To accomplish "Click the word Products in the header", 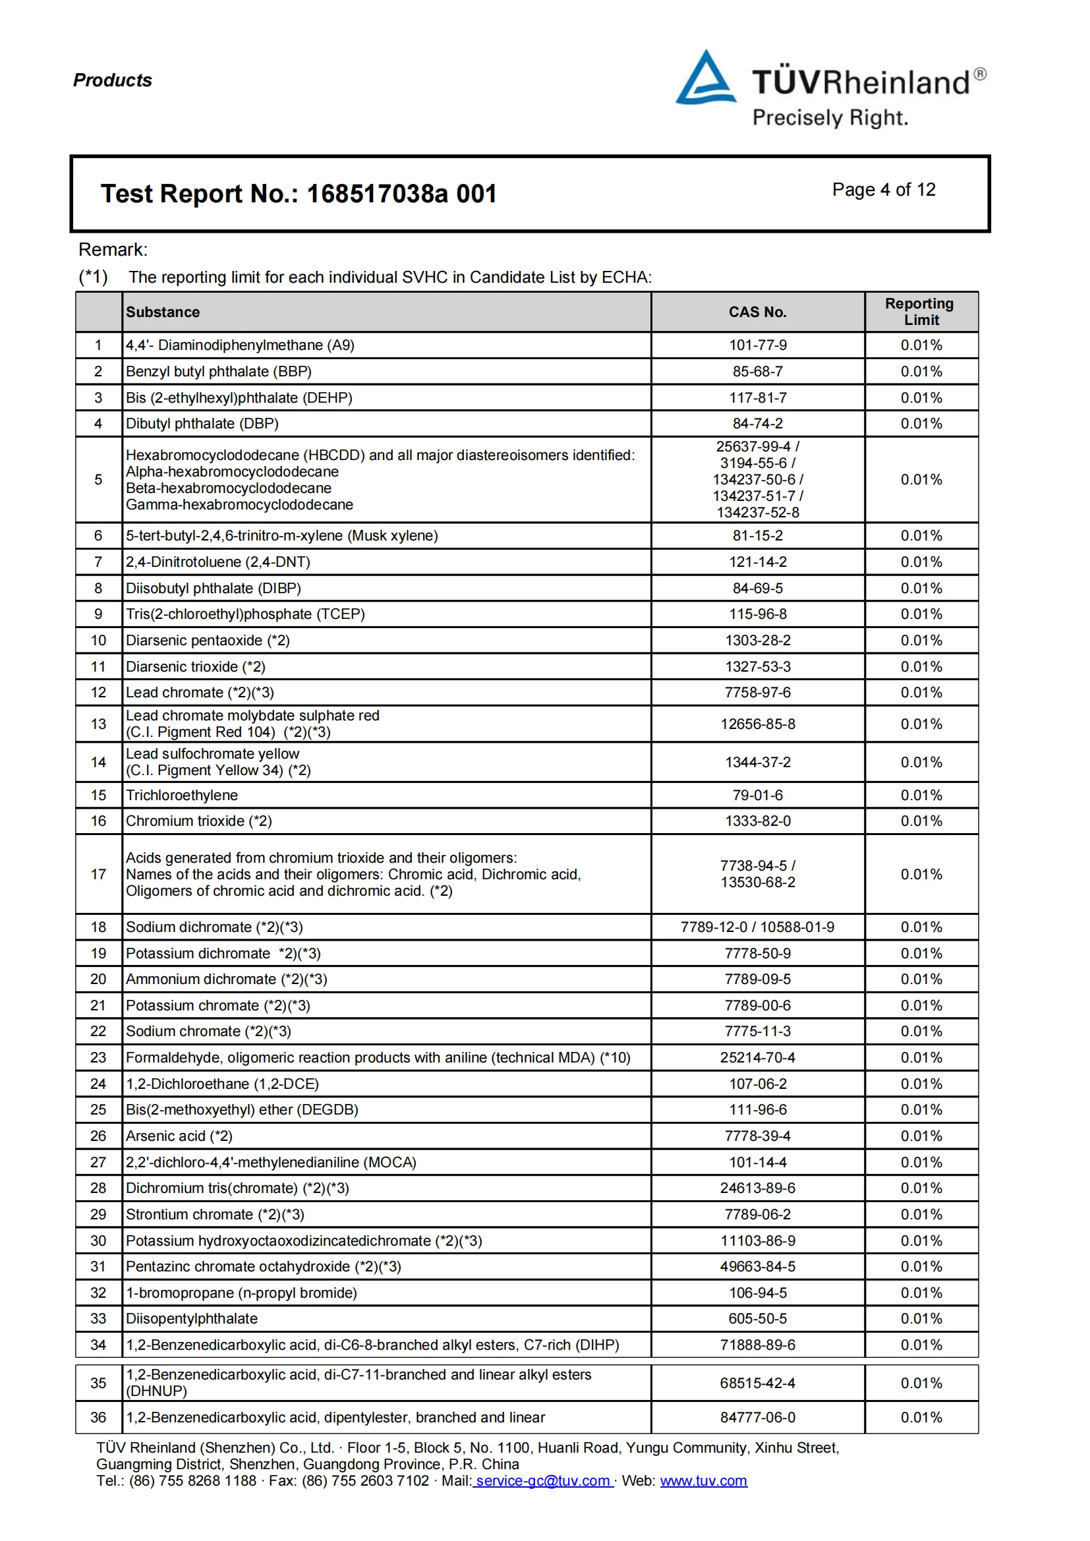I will [x=113, y=80].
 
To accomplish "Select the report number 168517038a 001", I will [x=401, y=194].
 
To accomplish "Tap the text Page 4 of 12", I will [x=883, y=190].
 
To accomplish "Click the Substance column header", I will [x=163, y=312].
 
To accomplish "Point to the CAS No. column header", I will [x=757, y=312].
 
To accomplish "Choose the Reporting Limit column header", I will [x=921, y=312].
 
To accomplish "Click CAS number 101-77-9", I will [x=758, y=345].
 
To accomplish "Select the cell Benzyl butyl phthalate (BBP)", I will [x=219, y=371].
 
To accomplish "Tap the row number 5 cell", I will [x=99, y=479].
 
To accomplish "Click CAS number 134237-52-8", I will [x=758, y=512].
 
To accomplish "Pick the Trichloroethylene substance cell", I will [x=182, y=795].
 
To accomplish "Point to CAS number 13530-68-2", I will [x=758, y=882].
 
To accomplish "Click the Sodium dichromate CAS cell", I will [x=757, y=927].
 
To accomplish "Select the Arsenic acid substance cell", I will [x=179, y=1136].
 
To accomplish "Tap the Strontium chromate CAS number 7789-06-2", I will [x=758, y=1214].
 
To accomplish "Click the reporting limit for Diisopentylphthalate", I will [x=921, y=1318].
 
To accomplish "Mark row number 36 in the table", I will [x=99, y=1417].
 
